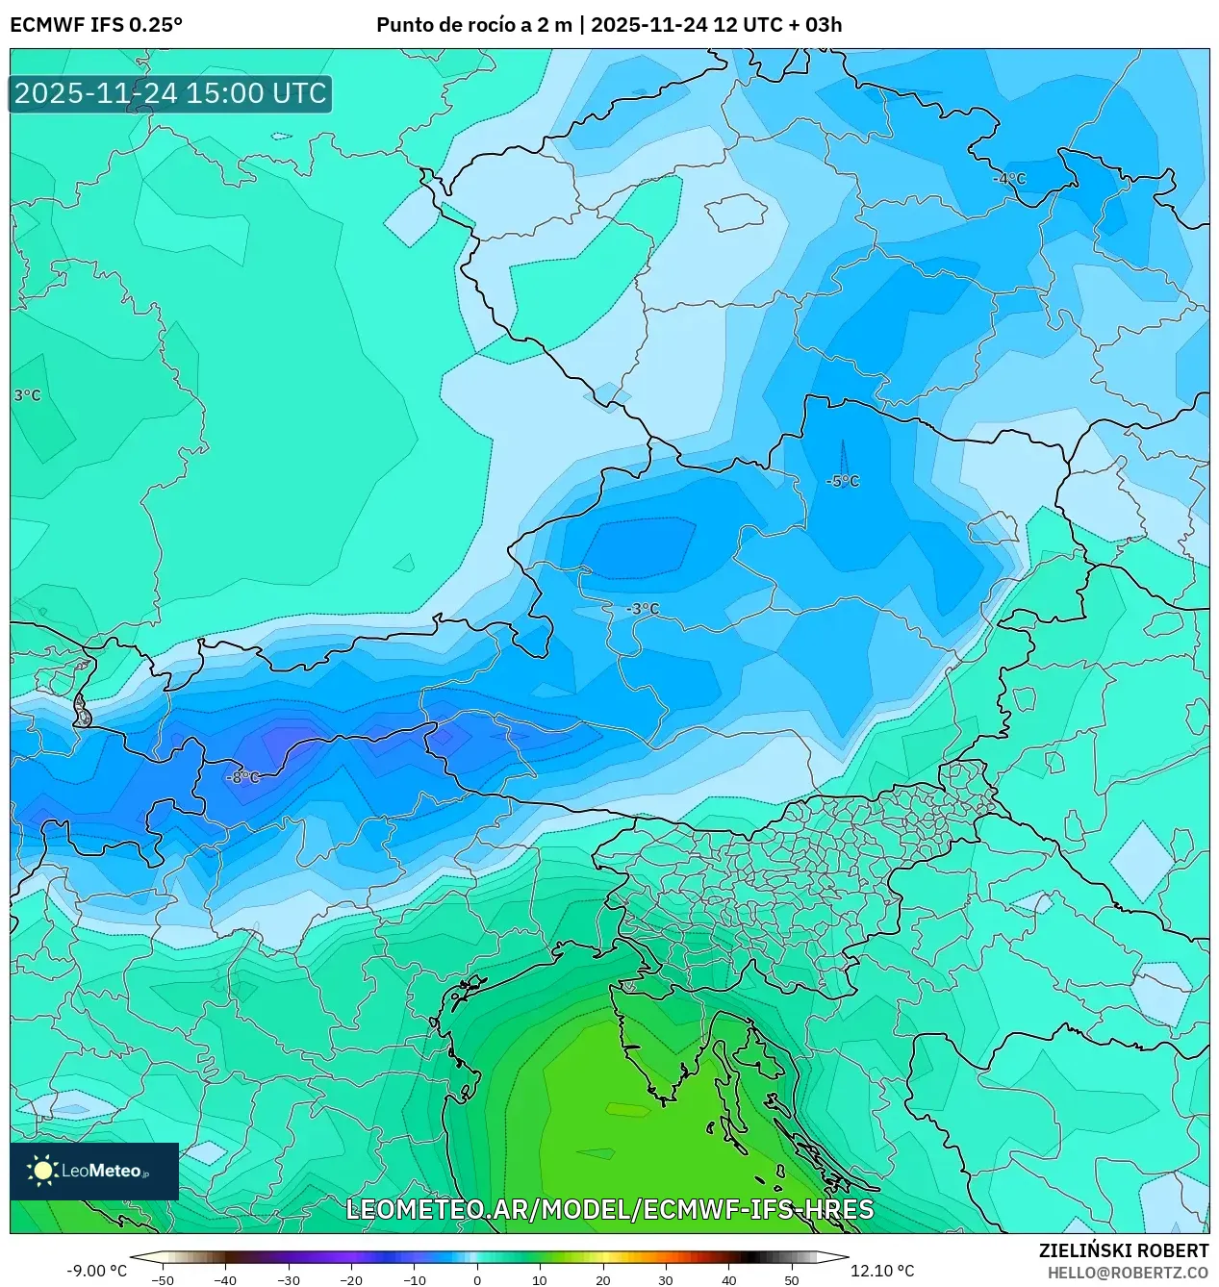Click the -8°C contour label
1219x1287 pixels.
pos(242,777)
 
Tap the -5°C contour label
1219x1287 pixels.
pos(843,481)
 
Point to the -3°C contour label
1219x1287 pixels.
pos(643,609)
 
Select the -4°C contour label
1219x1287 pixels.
pos(1009,179)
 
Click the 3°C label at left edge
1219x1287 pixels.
pos(27,395)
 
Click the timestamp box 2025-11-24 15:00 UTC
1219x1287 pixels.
pos(170,93)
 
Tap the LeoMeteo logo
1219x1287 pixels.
pos(93,1171)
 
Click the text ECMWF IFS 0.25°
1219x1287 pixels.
pos(96,25)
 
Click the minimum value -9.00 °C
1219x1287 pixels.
pos(96,1271)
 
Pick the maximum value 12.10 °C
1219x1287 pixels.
pos(882,1271)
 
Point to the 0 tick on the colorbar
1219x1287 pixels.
pos(477,1280)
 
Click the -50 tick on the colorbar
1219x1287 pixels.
pos(163,1280)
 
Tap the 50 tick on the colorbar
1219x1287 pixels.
pos(792,1280)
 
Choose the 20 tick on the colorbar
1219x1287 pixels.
pos(603,1280)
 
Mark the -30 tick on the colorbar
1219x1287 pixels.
pos(289,1280)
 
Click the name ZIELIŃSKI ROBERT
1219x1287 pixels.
pos(1123,1250)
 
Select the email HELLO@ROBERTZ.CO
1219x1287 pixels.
pos(1128,1273)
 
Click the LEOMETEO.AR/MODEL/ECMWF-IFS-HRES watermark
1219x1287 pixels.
pos(609,1209)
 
